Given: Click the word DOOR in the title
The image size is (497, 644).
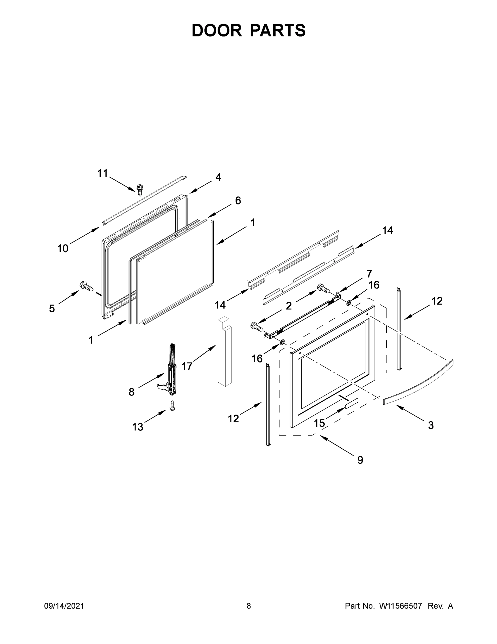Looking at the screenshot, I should click(x=217, y=30).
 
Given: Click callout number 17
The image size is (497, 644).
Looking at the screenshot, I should click(x=187, y=366).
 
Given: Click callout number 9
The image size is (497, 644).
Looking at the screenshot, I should click(x=360, y=460).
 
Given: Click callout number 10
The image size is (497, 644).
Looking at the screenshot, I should click(x=63, y=248).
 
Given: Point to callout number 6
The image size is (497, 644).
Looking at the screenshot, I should click(x=238, y=200).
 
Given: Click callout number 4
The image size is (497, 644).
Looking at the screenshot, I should click(x=218, y=177).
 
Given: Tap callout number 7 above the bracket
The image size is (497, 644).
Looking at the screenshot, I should click(x=369, y=274).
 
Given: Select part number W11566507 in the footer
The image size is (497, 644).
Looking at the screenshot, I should click(x=401, y=606).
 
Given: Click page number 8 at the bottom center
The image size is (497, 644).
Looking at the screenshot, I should click(x=249, y=606).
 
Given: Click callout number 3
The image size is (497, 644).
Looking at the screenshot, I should click(x=431, y=425).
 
